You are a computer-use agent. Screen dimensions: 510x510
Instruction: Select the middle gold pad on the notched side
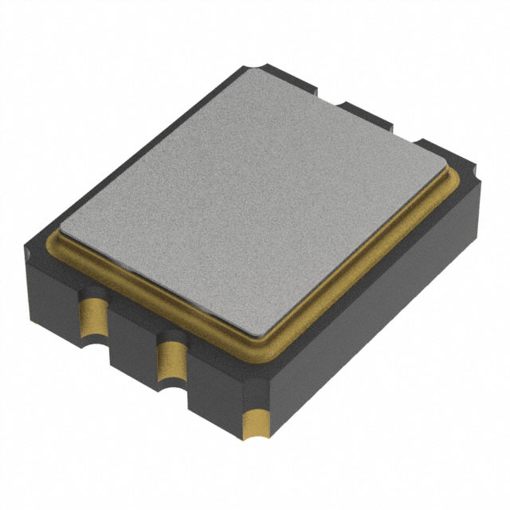170,359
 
